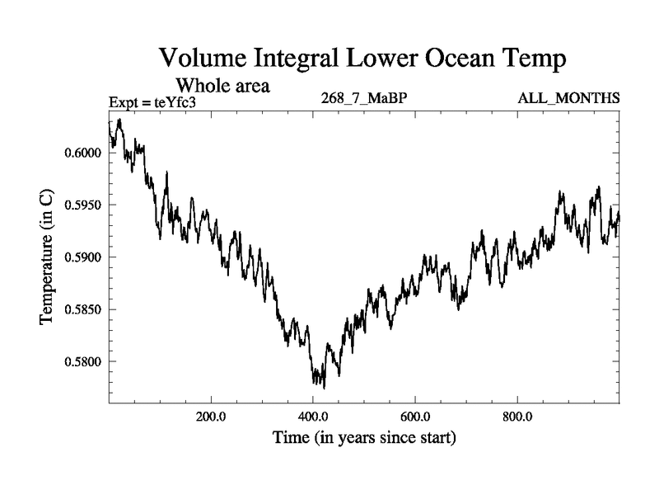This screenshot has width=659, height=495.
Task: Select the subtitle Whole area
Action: (223, 86)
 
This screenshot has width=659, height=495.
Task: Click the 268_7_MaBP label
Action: (364, 99)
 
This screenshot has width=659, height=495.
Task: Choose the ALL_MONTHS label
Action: (568, 99)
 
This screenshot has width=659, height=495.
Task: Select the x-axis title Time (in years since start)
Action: (364, 438)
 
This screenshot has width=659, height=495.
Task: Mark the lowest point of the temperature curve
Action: (324, 388)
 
